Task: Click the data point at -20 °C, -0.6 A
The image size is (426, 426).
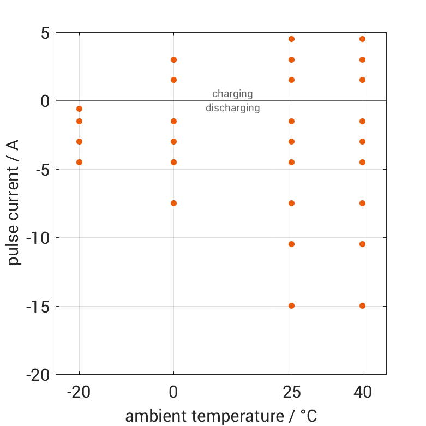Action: pos(79,109)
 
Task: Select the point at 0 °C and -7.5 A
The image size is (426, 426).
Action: pos(173,203)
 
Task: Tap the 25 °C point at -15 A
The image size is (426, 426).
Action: pos(291,305)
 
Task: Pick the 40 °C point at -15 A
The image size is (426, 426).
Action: pos(362,305)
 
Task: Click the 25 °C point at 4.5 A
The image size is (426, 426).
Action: pos(291,39)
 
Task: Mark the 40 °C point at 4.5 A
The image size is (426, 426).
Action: pos(362,39)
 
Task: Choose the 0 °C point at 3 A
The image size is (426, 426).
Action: pos(173,59)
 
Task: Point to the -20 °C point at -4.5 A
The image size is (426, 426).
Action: pos(79,162)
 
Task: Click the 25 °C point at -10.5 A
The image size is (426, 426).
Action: pos(291,244)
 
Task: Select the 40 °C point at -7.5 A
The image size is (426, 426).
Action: pos(362,203)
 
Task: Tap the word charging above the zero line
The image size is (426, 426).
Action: pos(232,94)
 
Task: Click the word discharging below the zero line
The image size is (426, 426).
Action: pos(232,108)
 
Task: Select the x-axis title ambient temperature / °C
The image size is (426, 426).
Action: pos(221,416)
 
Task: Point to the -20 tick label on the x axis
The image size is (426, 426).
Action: pos(79,392)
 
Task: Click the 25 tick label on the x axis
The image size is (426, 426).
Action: pos(291,392)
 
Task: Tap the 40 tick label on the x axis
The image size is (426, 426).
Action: pos(362,392)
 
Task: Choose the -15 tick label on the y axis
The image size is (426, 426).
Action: pos(37,307)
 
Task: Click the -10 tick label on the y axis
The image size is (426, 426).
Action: pos(37,238)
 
